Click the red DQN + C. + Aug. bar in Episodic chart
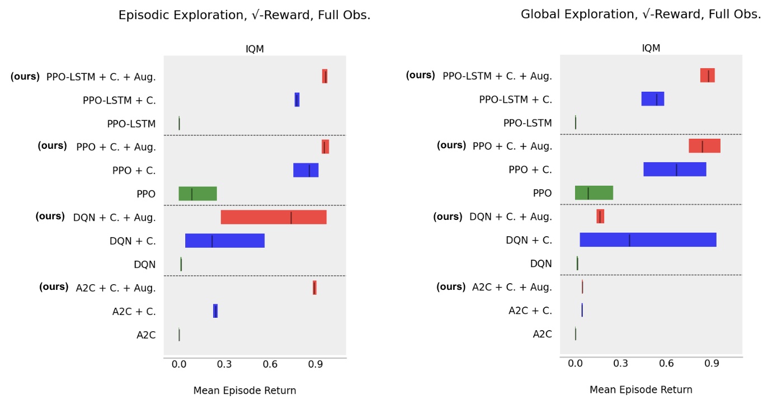(x=274, y=217)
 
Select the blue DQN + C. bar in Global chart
(x=648, y=240)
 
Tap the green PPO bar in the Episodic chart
(x=197, y=194)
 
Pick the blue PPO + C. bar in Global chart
(x=675, y=170)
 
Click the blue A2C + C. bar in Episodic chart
(x=215, y=311)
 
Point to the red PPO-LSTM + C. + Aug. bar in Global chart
(x=707, y=76)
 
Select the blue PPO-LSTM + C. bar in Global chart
(x=652, y=99)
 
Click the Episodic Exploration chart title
(x=244, y=16)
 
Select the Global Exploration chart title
(x=641, y=15)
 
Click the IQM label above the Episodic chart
(x=255, y=49)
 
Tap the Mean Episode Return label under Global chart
(x=641, y=390)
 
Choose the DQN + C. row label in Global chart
(x=529, y=240)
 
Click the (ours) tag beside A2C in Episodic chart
(x=54, y=287)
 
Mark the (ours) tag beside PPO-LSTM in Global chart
(x=420, y=75)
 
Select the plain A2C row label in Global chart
(x=542, y=334)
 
